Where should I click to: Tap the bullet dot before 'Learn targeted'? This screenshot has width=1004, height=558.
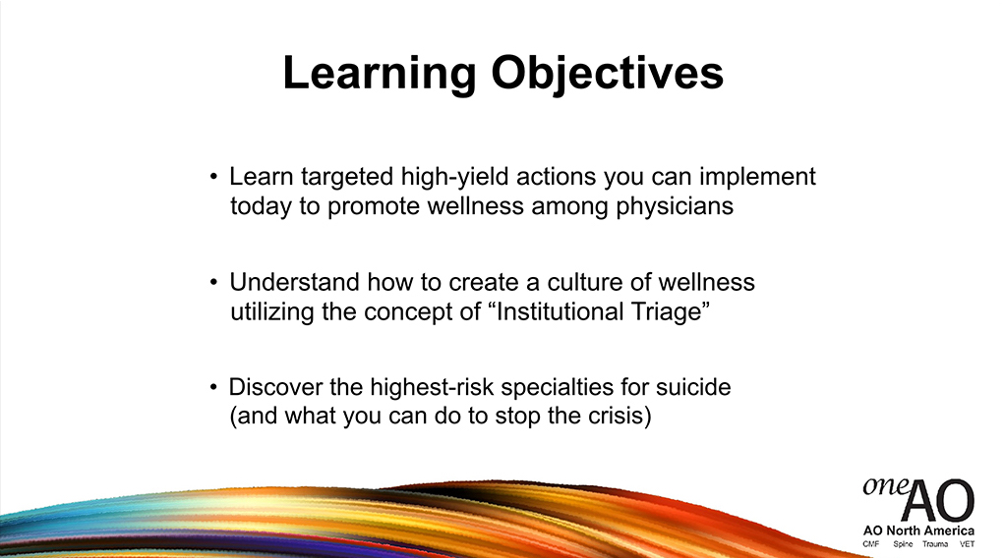click(213, 177)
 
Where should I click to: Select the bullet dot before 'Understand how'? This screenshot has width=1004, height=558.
click(213, 282)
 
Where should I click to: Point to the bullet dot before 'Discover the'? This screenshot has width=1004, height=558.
click(213, 387)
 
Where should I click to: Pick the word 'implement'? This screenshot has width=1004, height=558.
click(757, 177)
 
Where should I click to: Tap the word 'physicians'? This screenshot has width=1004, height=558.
click(675, 206)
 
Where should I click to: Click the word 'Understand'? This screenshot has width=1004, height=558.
click(294, 282)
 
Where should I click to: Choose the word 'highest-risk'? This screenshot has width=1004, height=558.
click(432, 387)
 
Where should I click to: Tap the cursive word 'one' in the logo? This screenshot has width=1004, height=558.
click(885, 486)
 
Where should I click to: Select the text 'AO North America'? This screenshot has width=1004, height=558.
click(918, 530)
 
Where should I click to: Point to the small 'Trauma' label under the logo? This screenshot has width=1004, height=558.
click(935, 544)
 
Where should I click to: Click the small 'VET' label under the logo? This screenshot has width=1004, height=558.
click(967, 544)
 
